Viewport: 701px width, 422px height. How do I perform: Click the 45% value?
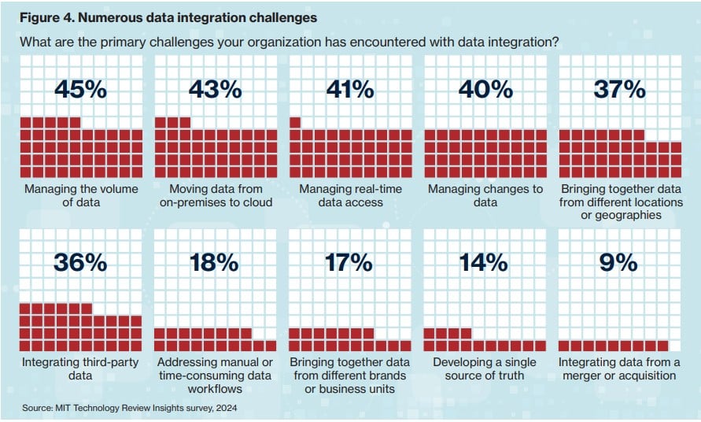pos(81,90)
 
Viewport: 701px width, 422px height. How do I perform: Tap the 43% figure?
pos(215,90)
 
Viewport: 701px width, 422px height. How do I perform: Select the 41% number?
pos(350,90)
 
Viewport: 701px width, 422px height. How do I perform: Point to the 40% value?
pos(485,90)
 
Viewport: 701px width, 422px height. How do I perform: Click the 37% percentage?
pos(619,90)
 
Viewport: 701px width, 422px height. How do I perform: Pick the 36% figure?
pos(81,262)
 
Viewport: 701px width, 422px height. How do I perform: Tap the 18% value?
pos(215,262)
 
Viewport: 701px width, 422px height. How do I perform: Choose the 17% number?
pos(350,262)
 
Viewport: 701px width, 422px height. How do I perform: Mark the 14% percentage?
pos(485,262)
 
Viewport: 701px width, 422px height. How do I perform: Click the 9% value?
pos(619,262)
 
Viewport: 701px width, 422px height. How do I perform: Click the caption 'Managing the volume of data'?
pos(81,195)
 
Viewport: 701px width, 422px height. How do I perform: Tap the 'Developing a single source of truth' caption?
pos(485,368)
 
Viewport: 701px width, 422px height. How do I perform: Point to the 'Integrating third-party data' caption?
pos(81,368)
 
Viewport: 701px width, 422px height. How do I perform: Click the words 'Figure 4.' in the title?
pos(45,15)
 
